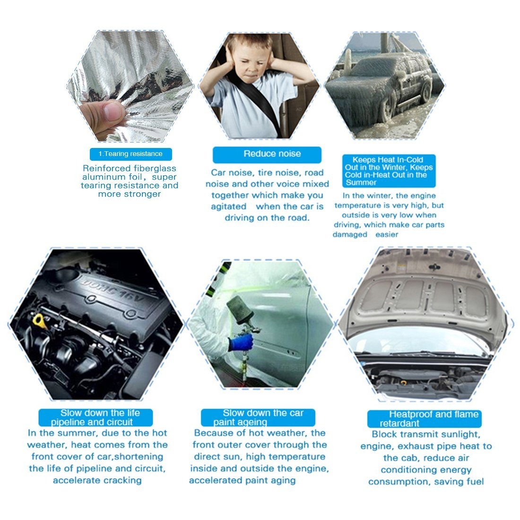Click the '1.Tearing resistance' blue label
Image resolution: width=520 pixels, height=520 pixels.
point(130,154)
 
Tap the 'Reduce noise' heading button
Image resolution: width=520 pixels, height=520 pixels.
point(267,155)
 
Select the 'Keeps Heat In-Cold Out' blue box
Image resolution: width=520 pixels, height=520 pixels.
point(389,171)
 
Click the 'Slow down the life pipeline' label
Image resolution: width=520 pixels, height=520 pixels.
point(95,417)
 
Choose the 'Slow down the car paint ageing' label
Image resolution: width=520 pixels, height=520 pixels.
point(258,417)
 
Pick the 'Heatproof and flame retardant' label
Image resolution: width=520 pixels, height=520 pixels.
point(424,419)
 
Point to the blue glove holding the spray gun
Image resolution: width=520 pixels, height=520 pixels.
point(241,342)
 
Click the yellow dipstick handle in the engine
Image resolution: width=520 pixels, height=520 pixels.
point(38,321)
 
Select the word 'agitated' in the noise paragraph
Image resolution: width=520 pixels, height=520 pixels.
point(228,207)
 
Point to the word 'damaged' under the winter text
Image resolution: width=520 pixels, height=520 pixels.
point(350,234)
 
